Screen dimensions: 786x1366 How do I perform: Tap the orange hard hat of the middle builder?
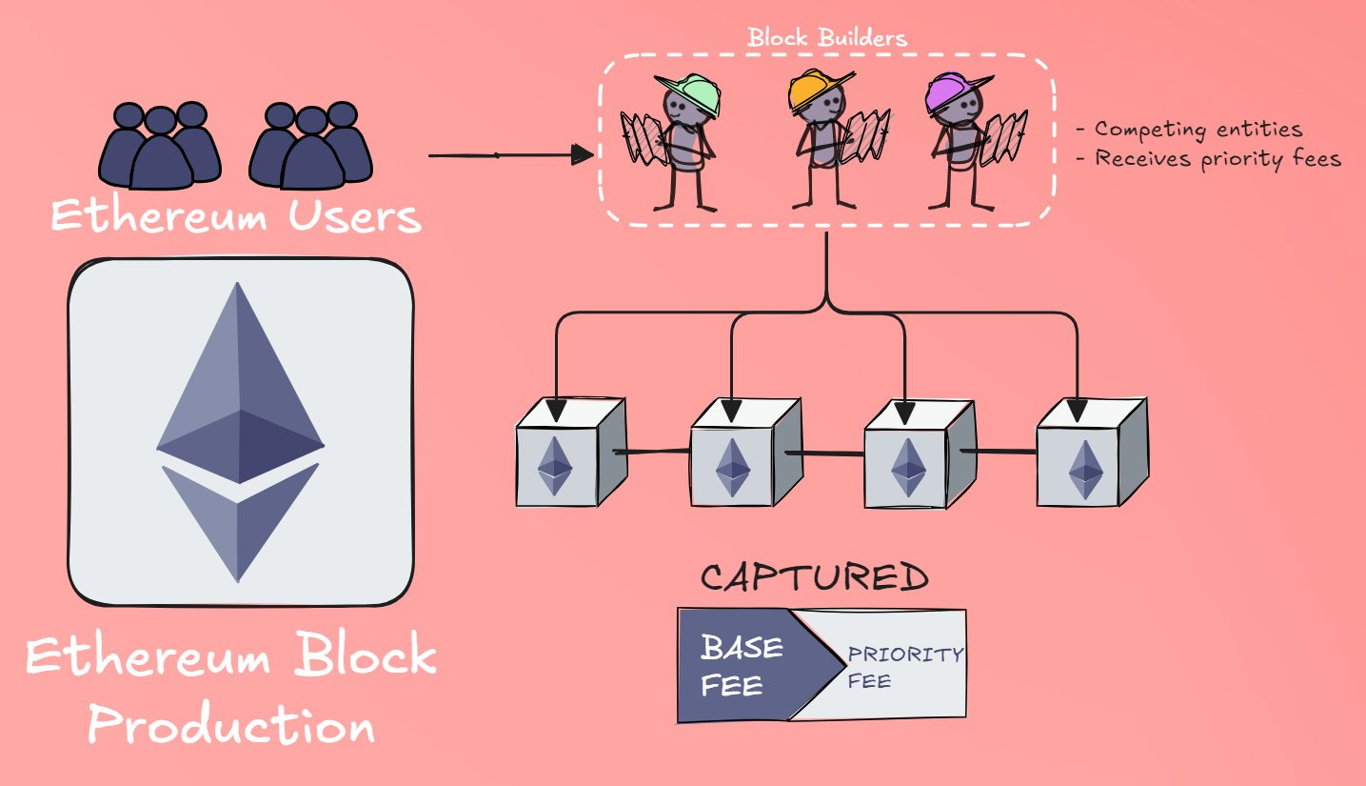pyautogui.click(x=817, y=90)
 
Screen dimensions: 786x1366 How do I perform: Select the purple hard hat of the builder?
pyautogui.click(x=953, y=93)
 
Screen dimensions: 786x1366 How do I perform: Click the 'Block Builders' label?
pyautogui.click(x=826, y=38)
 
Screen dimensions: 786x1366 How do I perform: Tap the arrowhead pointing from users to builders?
pyautogui.click(x=582, y=154)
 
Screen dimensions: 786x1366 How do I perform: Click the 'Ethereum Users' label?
pyautogui.click(x=235, y=216)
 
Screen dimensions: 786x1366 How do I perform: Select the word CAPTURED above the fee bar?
pyautogui.click(x=814, y=578)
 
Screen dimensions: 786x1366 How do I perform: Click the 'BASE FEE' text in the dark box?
pyautogui.click(x=742, y=665)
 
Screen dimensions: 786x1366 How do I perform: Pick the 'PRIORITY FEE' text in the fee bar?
pyautogui.click(x=904, y=667)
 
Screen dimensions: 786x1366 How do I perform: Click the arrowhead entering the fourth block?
pyautogui.click(x=1078, y=409)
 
